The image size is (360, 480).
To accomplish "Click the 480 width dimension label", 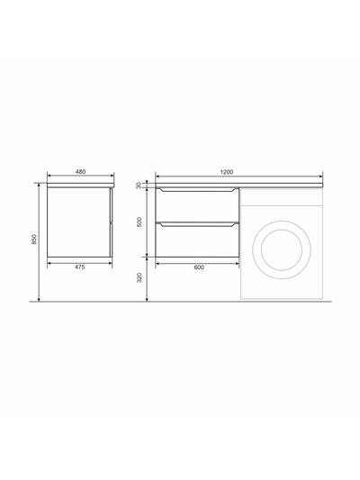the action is point(80,171).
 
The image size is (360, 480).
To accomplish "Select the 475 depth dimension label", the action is point(79,267).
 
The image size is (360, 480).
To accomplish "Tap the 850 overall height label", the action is point(34,239).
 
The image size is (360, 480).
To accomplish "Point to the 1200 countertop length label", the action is point(227,172).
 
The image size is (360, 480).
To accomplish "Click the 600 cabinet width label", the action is point(199,267).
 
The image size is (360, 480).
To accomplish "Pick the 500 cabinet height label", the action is point(139,222).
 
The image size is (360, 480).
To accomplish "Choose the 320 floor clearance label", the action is point(139,277).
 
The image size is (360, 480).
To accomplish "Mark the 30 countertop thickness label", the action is point(139,186).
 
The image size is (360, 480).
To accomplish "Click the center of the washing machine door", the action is point(282,249).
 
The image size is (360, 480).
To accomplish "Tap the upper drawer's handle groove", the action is point(197,190).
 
